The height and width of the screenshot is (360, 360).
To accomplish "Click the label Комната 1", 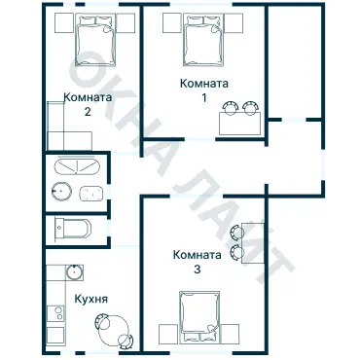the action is (x=204, y=90).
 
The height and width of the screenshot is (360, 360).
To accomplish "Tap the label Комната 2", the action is (x=88, y=104).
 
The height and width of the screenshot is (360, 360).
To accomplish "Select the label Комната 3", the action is (x=198, y=262).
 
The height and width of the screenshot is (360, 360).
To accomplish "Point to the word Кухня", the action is (x=91, y=299).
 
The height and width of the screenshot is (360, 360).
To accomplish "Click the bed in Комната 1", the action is (x=204, y=40).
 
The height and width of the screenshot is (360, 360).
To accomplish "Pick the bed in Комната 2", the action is (x=96, y=40).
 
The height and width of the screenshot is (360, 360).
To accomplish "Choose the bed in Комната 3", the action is (x=199, y=317).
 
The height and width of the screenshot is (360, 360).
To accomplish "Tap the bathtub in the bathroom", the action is (x=77, y=166).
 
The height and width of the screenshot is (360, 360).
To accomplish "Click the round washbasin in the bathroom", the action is (x=61, y=192).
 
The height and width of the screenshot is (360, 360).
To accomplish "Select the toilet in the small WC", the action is (x=73, y=228).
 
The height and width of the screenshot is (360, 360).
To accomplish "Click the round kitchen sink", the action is (x=75, y=272).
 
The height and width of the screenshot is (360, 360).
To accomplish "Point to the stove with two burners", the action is (x=55, y=313).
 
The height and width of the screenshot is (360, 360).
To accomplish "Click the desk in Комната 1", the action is (x=239, y=124).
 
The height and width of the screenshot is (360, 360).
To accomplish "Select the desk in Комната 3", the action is (x=253, y=243).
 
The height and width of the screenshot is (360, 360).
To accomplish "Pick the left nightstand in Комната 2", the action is (x=64, y=22).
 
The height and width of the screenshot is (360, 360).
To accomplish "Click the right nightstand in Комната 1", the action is (x=234, y=22).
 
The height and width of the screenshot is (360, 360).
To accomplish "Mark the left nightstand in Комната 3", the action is (x=168, y=334).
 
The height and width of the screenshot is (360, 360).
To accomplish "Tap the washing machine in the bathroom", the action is (x=91, y=194).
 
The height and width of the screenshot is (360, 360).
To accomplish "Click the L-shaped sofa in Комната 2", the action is (x=63, y=133).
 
